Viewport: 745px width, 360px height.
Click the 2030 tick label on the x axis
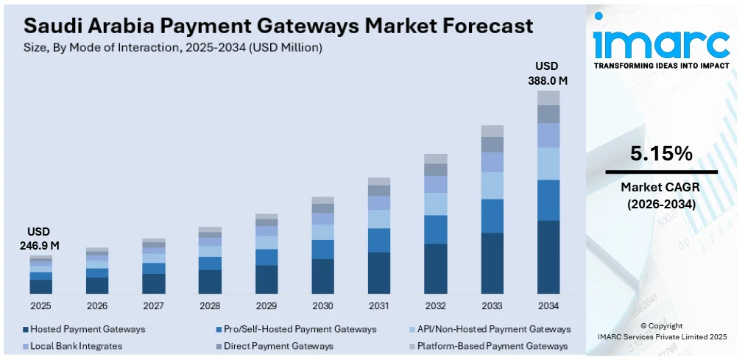click(322, 306)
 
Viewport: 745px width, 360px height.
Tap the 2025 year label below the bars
click(41, 306)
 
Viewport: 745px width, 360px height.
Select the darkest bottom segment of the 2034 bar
click(548, 257)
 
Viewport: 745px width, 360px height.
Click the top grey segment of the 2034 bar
click(548, 98)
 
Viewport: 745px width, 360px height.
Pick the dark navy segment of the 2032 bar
click(436, 269)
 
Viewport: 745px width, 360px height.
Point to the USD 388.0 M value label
click(547, 73)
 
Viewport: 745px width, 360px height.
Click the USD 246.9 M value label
click(40, 239)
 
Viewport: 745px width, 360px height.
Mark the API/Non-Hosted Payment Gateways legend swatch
click(411, 329)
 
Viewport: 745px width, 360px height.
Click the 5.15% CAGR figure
click(661, 154)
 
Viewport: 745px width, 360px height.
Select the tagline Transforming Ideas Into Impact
click(661, 66)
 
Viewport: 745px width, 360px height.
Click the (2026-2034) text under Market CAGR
click(661, 204)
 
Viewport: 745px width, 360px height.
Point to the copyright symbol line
click(661, 325)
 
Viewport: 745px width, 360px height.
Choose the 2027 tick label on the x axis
click(154, 306)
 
